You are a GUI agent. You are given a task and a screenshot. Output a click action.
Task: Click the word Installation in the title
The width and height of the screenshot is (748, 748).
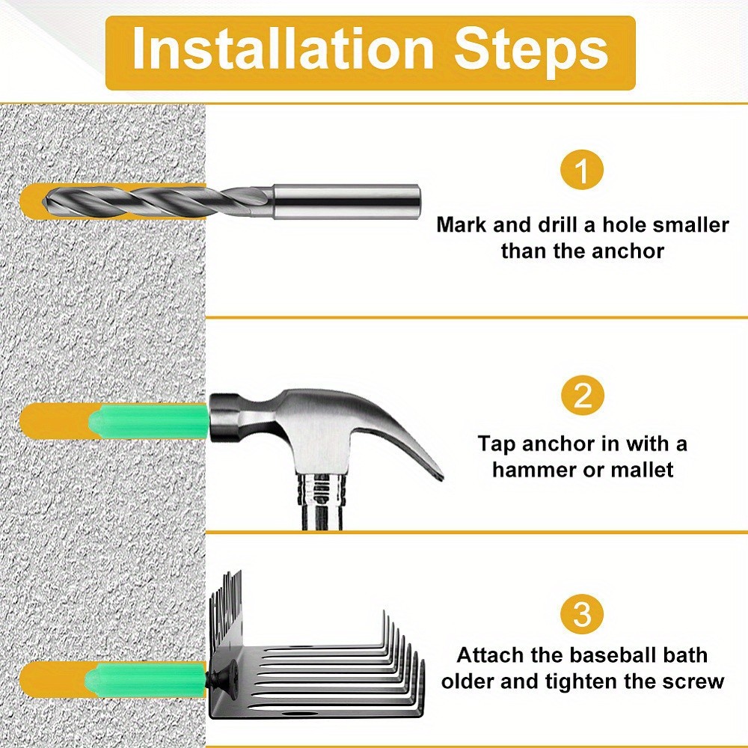283,49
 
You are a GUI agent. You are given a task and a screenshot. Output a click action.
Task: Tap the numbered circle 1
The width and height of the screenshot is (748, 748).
582,171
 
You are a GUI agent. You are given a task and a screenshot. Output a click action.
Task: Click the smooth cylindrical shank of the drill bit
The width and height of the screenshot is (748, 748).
346,201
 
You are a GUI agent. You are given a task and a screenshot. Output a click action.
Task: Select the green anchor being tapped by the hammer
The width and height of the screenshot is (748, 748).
148,420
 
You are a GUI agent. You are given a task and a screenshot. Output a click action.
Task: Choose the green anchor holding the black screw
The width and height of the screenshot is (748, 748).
146,680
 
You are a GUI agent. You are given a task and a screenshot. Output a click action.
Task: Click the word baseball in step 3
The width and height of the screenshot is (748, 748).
601,655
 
